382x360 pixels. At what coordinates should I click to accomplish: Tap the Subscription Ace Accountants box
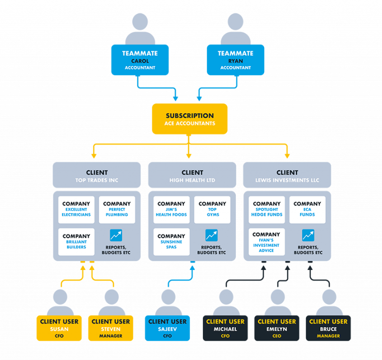189,119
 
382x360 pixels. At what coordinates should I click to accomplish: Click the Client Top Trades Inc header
96,176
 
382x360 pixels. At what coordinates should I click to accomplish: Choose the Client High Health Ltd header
192,176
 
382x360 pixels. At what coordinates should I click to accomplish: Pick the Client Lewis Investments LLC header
287,176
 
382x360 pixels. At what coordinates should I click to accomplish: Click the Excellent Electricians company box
76,209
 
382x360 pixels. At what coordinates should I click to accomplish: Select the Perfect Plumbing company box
116,209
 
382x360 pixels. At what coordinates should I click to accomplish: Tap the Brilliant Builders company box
76,242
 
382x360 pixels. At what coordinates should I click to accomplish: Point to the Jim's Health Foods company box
171,209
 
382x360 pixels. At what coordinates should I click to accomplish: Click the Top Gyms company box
212,209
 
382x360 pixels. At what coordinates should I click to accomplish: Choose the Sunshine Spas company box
171,242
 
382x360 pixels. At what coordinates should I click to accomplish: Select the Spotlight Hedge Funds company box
267,209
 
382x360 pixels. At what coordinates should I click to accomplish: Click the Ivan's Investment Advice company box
267,242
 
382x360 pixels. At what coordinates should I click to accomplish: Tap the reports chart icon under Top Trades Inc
116,236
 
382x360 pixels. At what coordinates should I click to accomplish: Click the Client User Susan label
59,328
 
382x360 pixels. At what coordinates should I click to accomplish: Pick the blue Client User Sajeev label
167,328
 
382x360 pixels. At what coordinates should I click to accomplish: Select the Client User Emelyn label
277,328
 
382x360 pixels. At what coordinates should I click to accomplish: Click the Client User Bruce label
328,328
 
